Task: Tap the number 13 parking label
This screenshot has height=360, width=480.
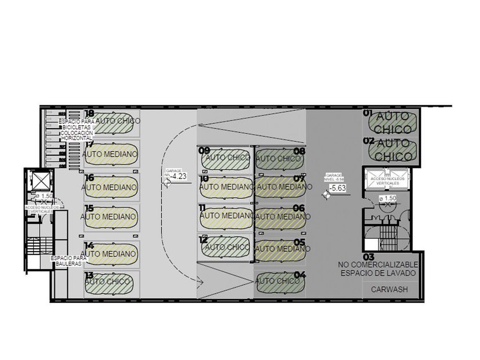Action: point(89,275)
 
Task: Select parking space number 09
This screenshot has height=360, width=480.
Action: point(204,150)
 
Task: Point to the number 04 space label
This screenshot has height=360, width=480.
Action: point(299,275)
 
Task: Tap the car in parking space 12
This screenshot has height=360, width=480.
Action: point(226,247)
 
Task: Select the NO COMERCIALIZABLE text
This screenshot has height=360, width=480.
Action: point(378,266)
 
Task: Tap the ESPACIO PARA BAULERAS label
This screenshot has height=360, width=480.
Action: point(69,261)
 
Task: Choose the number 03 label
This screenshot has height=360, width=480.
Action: point(369,257)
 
